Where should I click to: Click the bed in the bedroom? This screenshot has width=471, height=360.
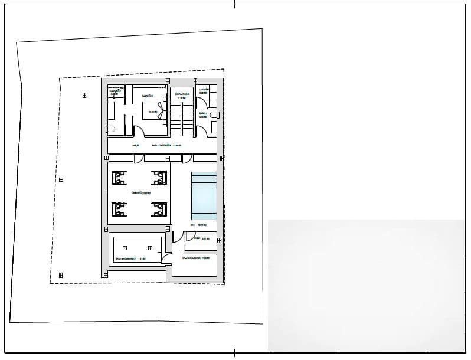point(153,111)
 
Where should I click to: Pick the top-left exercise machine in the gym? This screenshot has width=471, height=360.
point(119,177)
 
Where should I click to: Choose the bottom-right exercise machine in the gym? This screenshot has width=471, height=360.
point(159,209)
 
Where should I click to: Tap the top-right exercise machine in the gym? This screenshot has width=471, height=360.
point(159,177)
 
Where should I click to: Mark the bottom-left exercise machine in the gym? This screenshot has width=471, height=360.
point(119,209)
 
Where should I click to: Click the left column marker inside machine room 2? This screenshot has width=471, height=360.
point(124,248)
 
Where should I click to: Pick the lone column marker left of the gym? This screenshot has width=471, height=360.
point(61,179)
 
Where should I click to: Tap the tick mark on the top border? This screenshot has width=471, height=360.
point(235,4)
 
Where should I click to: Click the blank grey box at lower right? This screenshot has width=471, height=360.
point(366,286)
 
